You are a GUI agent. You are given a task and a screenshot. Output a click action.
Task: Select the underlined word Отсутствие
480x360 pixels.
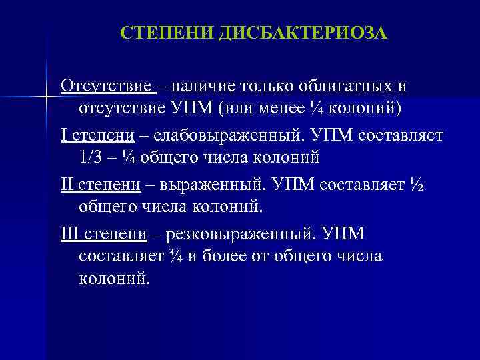[107, 87]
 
